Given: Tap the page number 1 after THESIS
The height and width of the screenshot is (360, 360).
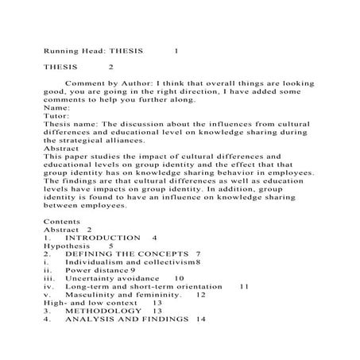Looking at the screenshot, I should (176, 50).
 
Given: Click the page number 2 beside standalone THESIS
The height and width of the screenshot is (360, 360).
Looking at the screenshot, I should (111, 67).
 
